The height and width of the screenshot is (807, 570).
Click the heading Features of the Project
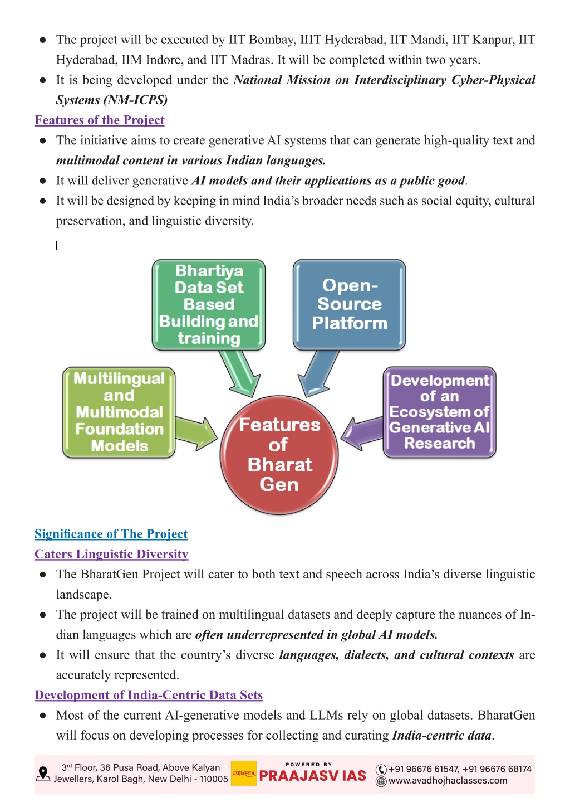[99, 120]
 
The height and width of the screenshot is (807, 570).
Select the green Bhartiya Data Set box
[209, 304]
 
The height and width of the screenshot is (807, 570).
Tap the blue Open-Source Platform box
[350, 304]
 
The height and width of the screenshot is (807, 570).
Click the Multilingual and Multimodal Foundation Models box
[119, 412]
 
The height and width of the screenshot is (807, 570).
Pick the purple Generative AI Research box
[439, 412]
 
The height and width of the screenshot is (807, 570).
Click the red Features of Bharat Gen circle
[279, 455]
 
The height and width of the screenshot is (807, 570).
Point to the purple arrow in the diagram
[362, 434]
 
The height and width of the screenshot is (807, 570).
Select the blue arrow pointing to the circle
[317, 373]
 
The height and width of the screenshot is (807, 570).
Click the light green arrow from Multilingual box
[196, 434]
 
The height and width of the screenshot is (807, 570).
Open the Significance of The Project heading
[111, 533]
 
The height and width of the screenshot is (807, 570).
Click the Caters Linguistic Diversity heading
[111, 554]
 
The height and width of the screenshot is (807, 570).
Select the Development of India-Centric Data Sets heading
[149, 694]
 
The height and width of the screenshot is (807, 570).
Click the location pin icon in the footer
[43, 774]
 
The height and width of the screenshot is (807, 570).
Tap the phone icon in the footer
[381, 770]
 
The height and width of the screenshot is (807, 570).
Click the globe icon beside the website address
[381, 781]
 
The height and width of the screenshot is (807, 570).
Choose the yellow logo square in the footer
[244, 773]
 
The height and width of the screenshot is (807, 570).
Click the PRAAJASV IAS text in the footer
[312, 776]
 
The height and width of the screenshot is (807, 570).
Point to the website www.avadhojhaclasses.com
[448, 781]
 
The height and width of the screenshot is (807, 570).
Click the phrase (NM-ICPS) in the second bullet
[136, 100]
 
